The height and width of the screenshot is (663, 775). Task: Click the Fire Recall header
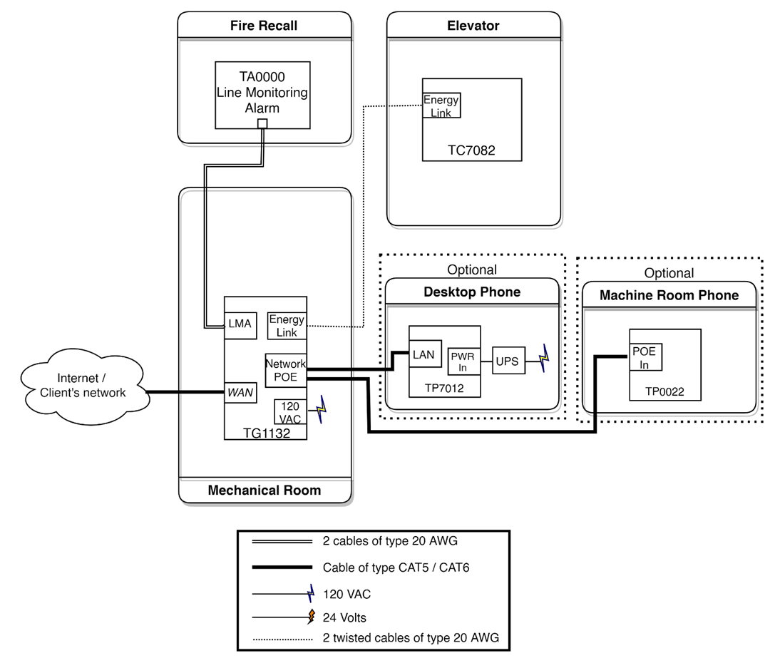tap(264, 26)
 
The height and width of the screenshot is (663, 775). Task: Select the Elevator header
tap(473, 26)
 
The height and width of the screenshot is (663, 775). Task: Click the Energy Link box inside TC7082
tap(441, 106)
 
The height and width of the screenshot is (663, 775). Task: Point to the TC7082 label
tap(471, 150)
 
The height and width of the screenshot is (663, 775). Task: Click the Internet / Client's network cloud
tap(83, 386)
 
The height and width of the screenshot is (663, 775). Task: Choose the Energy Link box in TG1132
tap(286, 326)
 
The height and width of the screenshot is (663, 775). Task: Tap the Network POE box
tap(285, 370)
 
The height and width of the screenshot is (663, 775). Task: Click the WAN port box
tap(240, 392)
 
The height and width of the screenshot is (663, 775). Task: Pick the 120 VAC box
tap(290, 412)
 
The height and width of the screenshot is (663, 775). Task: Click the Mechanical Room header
tap(265, 490)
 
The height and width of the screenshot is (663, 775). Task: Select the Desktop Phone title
tap(472, 292)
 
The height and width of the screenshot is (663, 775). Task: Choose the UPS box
tap(508, 361)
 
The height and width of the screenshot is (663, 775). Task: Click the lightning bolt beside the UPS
tap(544, 359)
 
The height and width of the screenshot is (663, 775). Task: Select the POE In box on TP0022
tap(645, 358)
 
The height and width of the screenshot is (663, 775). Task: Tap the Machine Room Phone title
tap(669, 296)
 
